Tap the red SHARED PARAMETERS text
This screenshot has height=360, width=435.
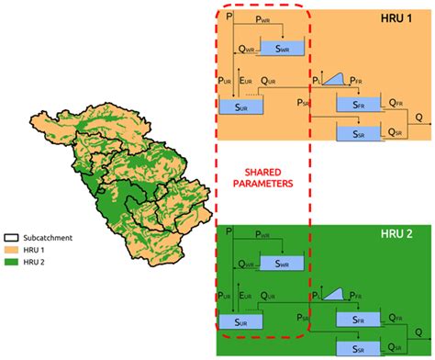tap(262, 175)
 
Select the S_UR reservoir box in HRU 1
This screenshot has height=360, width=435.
tap(240, 107)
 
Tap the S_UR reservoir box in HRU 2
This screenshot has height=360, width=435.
tap(240, 322)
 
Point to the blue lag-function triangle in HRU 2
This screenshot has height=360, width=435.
tap(334, 294)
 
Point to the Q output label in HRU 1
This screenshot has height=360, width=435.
tap(419, 118)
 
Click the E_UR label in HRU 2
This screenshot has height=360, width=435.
tap(246, 296)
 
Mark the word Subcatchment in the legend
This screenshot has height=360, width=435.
tap(49, 235)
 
